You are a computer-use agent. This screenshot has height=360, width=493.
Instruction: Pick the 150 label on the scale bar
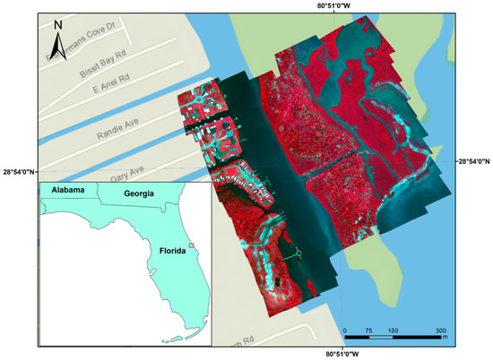point(392,330)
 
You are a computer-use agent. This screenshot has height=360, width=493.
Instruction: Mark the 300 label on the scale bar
point(439,330)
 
